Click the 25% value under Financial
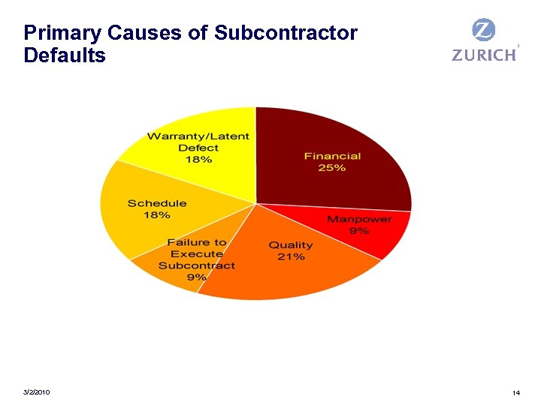(x=331, y=168)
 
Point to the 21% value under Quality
(x=291, y=257)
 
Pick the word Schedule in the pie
(x=157, y=203)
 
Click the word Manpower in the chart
(x=358, y=219)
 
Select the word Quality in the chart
(x=291, y=245)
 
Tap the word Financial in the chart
(x=332, y=156)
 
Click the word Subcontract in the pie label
(x=196, y=265)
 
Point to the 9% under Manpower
(x=358, y=231)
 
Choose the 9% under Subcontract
(x=196, y=277)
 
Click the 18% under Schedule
(x=157, y=215)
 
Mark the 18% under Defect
(x=198, y=160)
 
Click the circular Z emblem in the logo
(x=483, y=31)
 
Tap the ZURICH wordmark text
(x=484, y=55)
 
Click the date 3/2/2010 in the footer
(x=37, y=392)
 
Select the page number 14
(x=515, y=393)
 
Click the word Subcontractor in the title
(x=286, y=33)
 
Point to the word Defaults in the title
(x=65, y=55)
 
